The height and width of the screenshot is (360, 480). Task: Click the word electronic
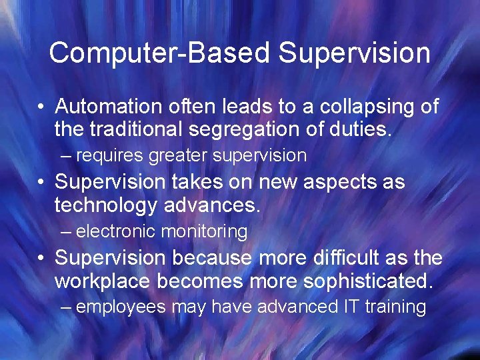(117, 232)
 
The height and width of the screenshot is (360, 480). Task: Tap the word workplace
(103, 281)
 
